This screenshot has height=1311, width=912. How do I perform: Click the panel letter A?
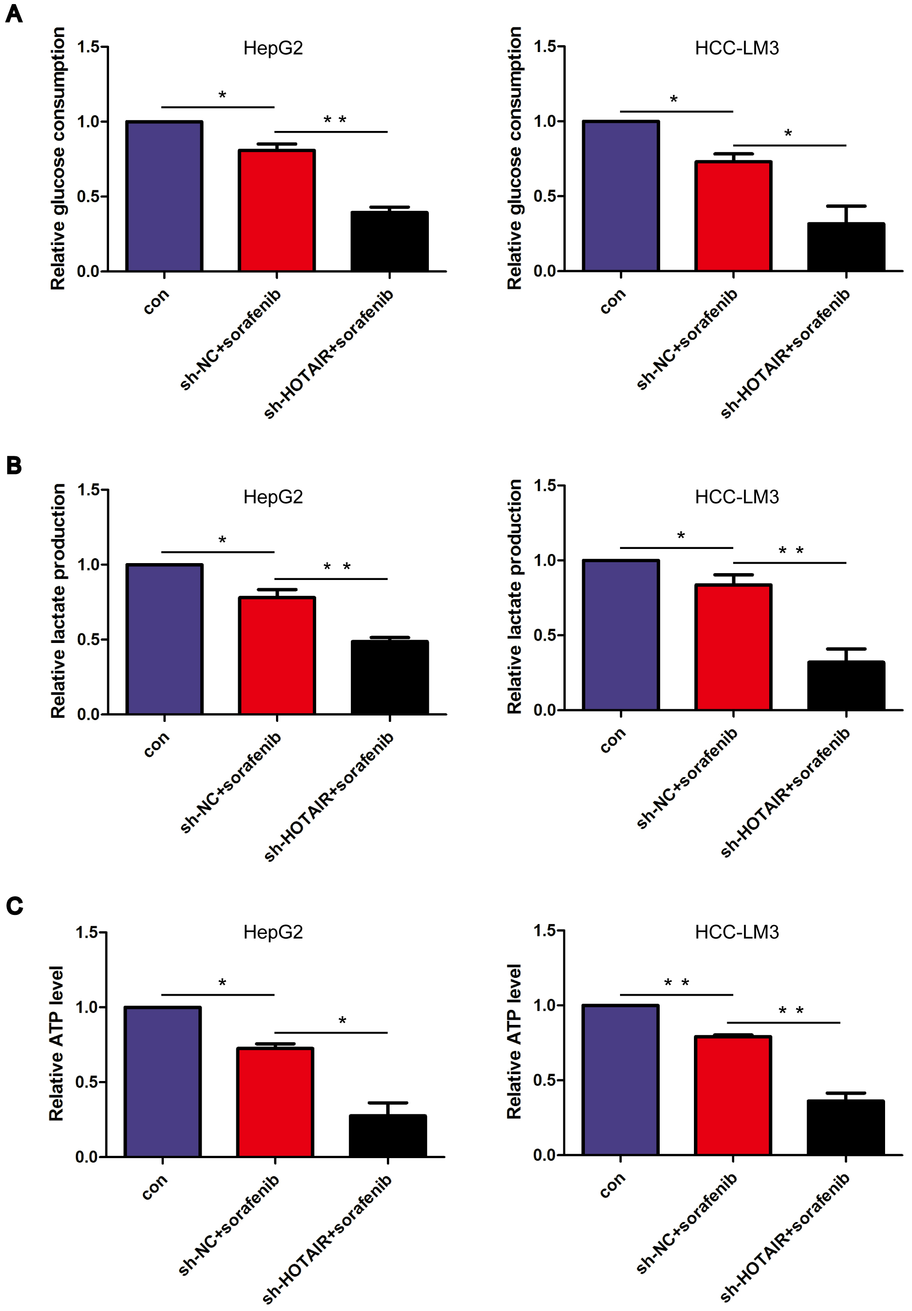[x=14, y=13]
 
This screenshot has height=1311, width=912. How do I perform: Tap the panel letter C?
[x=14, y=906]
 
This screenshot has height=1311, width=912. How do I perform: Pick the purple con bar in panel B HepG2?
[x=164, y=639]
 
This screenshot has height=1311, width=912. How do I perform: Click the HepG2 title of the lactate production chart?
[x=273, y=497]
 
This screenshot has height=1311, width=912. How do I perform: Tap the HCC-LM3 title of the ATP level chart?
[x=736, y=932]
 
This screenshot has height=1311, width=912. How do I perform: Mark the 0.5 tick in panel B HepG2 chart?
[x=89, y=639]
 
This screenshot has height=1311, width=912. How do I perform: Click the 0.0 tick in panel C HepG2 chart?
[x=87, y=1157]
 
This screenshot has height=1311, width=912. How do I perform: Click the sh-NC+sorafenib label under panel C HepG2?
[x=229, y=1224]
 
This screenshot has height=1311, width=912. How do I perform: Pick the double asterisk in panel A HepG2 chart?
[x=335, y=120]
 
